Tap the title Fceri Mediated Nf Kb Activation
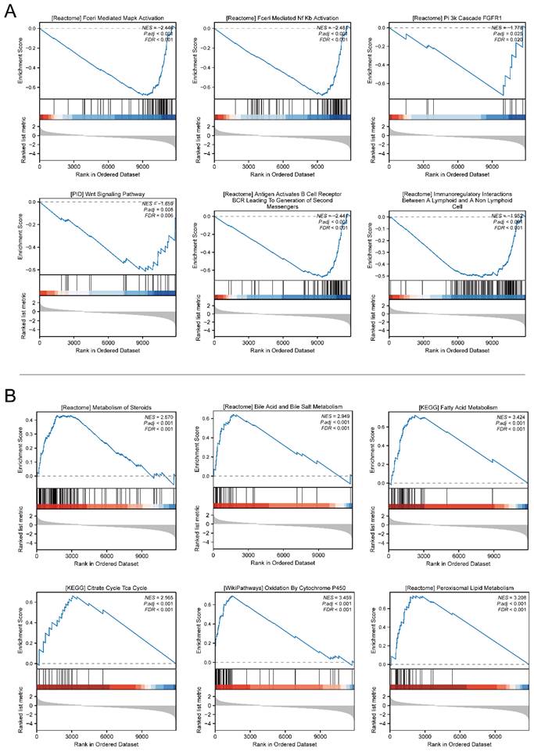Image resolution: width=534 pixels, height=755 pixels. pyautogui.click(x=282, y=17)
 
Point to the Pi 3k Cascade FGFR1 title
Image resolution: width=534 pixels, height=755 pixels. pyautogui.click(x=456, y=17)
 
